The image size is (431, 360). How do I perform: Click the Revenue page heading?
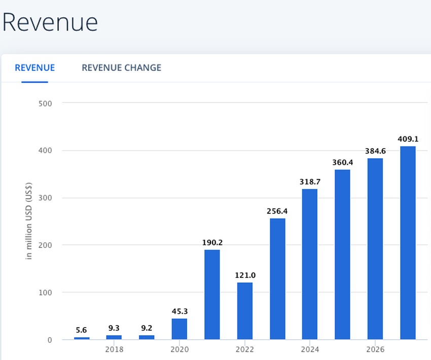coord(50,22)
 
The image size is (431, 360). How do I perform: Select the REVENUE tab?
coord(34,68)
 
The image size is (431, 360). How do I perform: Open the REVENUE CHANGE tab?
coord(121,68)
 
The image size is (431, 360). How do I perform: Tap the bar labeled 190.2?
coord(212,294)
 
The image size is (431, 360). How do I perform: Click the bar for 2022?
coord(244,311)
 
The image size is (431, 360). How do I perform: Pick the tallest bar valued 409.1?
coord(408,243)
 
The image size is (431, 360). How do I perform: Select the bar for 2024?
coord(309,264)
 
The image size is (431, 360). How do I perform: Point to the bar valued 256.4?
coord(277,279)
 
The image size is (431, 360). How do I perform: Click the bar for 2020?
coord(179,329)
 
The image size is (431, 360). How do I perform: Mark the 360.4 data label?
coord(342,162)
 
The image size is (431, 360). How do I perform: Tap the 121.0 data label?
coord(244,275)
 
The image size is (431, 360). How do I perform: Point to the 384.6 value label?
coord(375,151)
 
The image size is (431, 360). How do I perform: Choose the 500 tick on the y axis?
coord(46,103)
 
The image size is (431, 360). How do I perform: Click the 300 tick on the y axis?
coord(46,198)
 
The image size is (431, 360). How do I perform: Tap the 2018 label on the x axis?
coord(114,350)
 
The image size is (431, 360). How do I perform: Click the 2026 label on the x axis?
coord(375,350)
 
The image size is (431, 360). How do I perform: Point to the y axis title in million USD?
coord(29,221)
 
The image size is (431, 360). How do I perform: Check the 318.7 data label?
coord(309,182)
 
